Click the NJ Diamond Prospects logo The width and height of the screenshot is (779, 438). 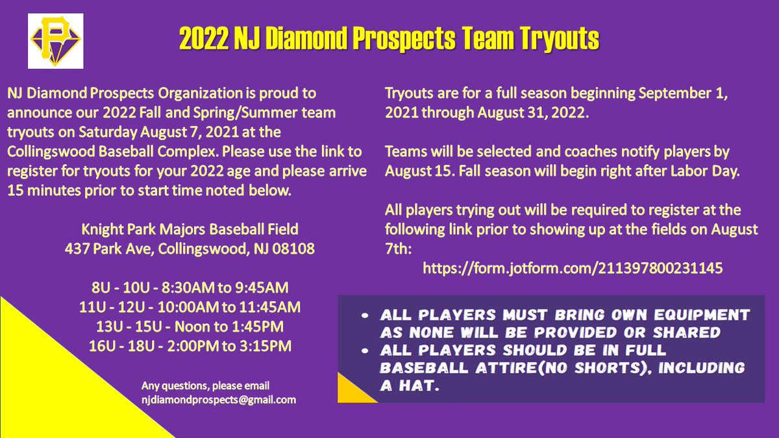click(x=55, y=41)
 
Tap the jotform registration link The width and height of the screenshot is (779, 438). click(x=572, y=267)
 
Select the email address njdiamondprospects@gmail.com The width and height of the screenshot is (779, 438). click(x=219, y=400)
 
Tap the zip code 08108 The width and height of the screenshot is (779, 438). click(x=296, y=249)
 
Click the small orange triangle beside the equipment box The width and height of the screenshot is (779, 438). click(x=354, y=392)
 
